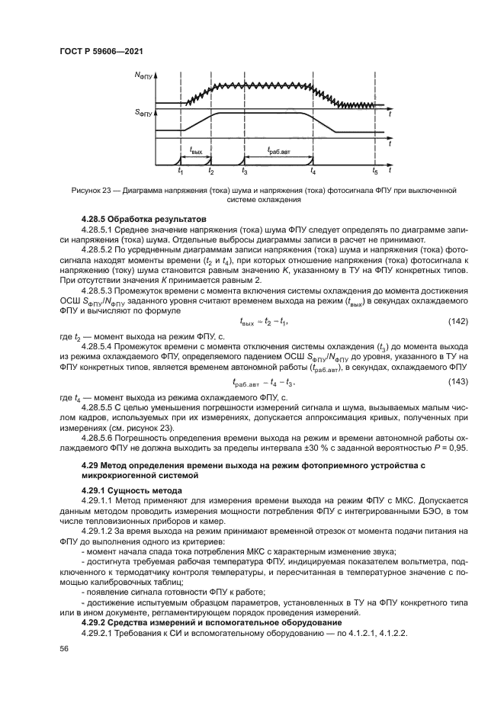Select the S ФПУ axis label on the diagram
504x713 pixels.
pos(143,114)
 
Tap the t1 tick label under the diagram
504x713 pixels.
pos(180,172)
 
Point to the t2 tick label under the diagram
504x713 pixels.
pos(211,172)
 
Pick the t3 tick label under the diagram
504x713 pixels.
pos(244,172)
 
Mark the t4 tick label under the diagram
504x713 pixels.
pos(313,172)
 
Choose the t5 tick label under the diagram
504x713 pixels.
pos(374,172)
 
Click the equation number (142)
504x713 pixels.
pos(435,320)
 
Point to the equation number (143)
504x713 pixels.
pos(435,381)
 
